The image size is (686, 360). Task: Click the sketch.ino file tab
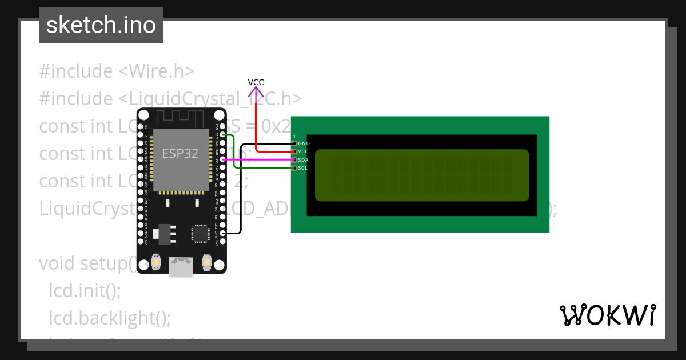pyautogui.click(x=101, y=25)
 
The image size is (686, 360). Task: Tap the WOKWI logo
pyautogui.click(x=607, y=315)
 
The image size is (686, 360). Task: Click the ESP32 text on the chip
pyautogui.click(x=180, y=153)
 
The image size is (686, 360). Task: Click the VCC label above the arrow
pyautogui.click(x=256, y=82)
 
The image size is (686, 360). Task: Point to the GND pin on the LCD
pyautogui.click(x=294, y=143)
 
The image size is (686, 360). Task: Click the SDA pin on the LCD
pyautogui.click(x=294, y=160)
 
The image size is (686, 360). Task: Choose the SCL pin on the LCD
pyautogui.click(x=294, y=168)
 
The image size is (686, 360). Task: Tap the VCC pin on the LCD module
pyautogui.click(x=294, y=151)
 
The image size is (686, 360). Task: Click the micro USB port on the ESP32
pyautogui.click(x=181, y=267)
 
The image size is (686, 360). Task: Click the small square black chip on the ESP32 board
pyautogui.click(x=201, y=233)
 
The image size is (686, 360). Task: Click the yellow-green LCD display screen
pyautogui.click(x=422, y=175)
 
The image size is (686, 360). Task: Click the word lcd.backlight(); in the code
pyautogui.click(x=110, y=317)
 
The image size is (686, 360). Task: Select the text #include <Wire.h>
pyautogui.click(x=117, y=71)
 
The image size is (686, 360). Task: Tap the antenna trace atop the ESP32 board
pyautogui.click(x=181, y=118)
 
